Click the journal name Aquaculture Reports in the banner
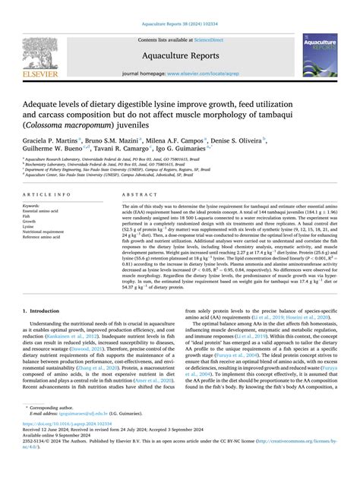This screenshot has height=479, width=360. point(180,55)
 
